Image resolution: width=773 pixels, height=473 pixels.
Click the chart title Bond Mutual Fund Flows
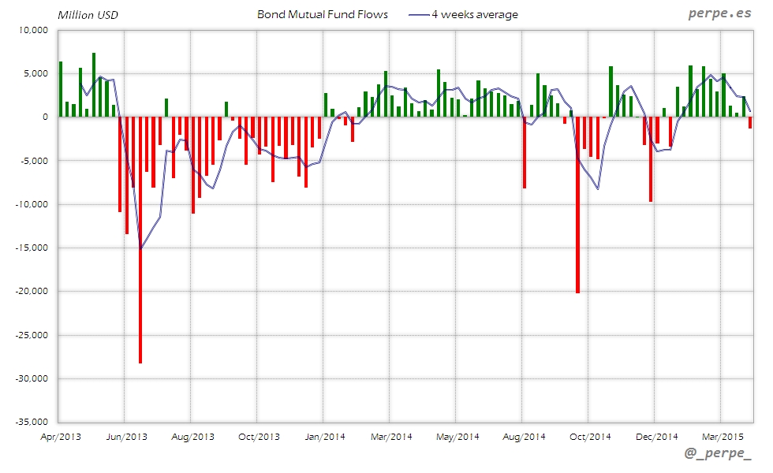[x=323, y=14]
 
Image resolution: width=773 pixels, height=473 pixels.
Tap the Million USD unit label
[x=87, y=14]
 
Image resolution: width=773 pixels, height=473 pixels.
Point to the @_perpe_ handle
[x=718, y=453]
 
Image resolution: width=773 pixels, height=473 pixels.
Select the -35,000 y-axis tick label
[x=31, y=422]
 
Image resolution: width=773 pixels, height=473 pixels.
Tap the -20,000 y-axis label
[x=31, y=291]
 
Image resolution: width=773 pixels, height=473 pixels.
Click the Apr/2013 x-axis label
[x=59, y=436]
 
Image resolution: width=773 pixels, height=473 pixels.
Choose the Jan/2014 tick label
[x=324, y=436]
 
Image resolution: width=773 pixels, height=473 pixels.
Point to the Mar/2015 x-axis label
[x=723, y=436]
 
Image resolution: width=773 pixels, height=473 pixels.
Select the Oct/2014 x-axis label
[x=590, y=436]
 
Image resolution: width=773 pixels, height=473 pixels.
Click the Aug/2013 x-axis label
[x=192, y=436]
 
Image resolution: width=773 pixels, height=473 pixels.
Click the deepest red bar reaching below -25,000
[x=140, y=236]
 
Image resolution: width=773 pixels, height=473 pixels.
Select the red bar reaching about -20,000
[x=577, y=205]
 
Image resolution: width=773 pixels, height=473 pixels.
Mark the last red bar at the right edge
[x=750, y=123]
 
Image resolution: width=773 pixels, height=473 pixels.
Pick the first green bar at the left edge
[x=61, y=89]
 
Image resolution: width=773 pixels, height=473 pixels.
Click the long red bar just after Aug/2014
[x=525, y=153]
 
